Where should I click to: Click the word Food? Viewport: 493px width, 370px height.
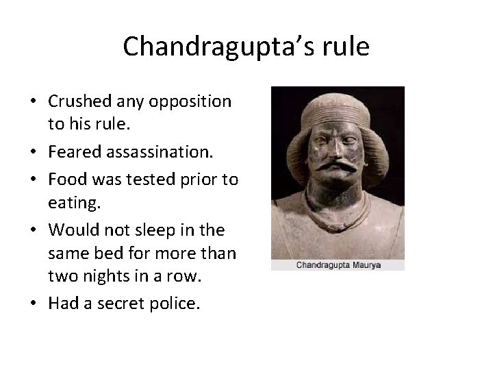pos(65,180)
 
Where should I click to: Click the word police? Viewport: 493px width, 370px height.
pos(180,303)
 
